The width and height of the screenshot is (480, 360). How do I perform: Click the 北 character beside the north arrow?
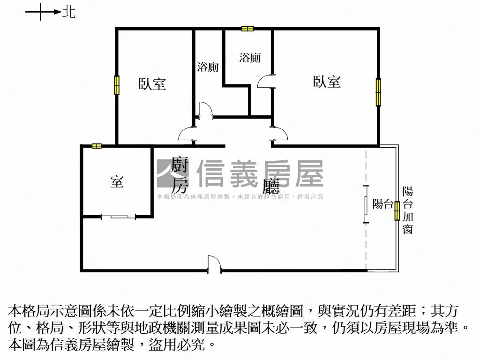pyautogui.click(x=69, y=12)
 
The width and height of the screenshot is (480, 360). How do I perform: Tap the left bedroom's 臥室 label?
pyautogui.click(x=152, y=84)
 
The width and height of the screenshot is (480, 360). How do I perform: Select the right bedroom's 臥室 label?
pyautogui.click(x=327, y=82)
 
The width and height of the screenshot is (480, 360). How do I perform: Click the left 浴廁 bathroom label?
pyautogui.click(x=208, y=67)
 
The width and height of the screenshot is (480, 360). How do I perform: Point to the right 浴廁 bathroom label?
pyautogui.click(x=250, y=58)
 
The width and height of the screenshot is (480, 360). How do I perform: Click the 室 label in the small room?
pyautogui.click(x=117, y=181)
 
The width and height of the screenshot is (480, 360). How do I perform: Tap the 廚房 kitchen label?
pyautogui.click(x=180, y=175)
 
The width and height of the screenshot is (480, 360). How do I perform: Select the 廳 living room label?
pyautogui.click(x=271, y=186)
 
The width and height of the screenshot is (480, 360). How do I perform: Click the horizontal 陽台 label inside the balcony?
pyautogui.click(x=382, y=204)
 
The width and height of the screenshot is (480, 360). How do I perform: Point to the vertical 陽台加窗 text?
pyautogui.click(x=408, y=210)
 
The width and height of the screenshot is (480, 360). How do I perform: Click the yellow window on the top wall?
pyautogui.click(x=247, y=29)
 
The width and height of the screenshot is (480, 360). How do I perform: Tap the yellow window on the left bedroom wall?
pyautogui.click(x=117, y=85)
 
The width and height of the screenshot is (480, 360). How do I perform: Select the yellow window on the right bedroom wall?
pyautogui.click(x=378, y=92)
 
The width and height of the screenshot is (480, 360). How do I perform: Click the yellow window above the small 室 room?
pyautogui.click(x=97, y=146)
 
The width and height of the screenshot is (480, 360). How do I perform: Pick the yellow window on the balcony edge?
pyautogui.click(x=397, y=211)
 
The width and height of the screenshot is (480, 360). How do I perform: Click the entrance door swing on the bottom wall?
pyautogui.click(x=214, y=264)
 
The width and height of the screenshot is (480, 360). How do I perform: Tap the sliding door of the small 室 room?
pyautogui.click(x=119, y=217)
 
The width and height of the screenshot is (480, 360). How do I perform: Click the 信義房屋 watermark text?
pyautogui.click(x=260, y=173)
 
